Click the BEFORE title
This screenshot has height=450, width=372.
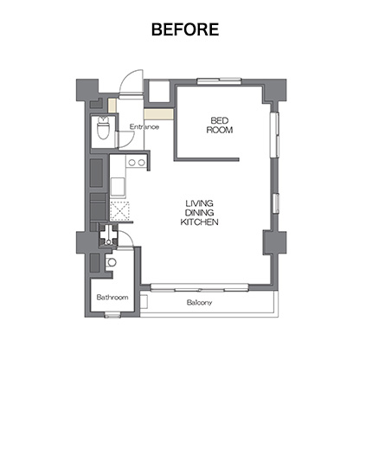coord(185,29)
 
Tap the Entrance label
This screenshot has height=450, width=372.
coord(144,127)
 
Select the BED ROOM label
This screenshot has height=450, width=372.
coord(220,125)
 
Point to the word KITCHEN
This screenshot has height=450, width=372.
coord(199,222)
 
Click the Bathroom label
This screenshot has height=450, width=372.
coord(112,297)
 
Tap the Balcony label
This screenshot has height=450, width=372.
coord(199,302)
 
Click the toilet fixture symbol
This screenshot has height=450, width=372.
coord(103,127)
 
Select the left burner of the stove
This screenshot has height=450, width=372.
coord(131,163)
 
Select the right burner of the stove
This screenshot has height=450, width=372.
coord(141,163)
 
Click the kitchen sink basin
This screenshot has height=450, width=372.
coord(118,186)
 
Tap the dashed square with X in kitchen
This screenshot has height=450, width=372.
coord(119,211)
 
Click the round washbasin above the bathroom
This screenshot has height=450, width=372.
coord(112,262)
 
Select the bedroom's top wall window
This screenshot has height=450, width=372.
coord(219,81)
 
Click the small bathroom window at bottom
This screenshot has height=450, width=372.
coord(112,315)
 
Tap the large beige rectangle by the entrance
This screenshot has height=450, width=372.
coord(158,114)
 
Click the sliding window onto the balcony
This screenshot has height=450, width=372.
coord(200,287)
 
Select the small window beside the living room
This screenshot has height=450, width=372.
coord(276,203)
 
